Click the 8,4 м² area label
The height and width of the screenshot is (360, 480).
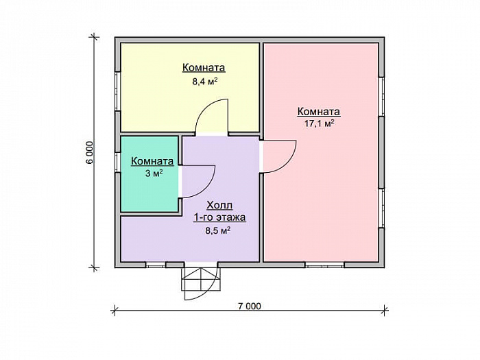tap(205, 82)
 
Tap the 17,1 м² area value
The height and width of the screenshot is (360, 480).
tap(319, 123)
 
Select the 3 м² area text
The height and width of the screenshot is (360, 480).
tap(154, 173)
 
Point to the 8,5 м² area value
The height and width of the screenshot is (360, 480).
tap(217, 230)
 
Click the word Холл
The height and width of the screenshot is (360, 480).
tap(219, 205)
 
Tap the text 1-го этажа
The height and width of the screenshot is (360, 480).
tap(219, 217)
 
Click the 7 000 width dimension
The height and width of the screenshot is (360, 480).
tap(250, 306)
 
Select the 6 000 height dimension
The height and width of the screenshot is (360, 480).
tap(89, 153)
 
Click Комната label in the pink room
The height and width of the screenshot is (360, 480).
tap(319, 112)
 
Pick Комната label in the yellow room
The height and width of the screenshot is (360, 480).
tap(204, 67)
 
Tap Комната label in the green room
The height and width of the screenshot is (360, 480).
tap(152, 161)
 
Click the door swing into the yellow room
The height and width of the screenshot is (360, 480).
tap(202, 112)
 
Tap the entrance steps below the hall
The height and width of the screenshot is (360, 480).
tap(200, 279)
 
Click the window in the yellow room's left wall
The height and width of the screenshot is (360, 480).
tap(117, 91)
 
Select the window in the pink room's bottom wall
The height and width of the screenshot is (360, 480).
tap(325, 265)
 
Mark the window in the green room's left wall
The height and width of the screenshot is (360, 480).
tap(117, 163)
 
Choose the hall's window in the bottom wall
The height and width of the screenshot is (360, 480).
tap(155, 265)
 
